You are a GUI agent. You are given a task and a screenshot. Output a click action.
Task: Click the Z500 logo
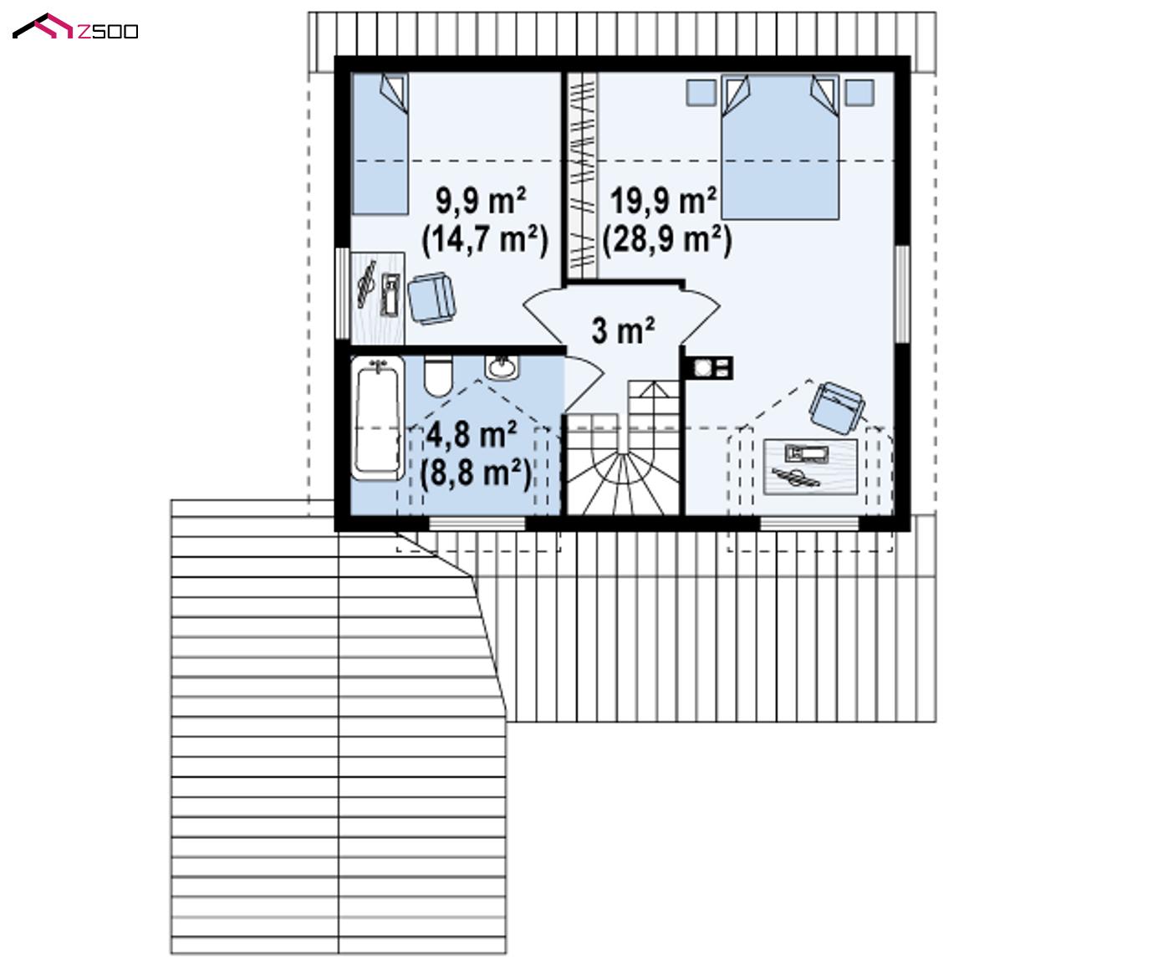point(75,27)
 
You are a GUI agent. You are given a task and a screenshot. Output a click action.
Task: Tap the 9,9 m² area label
point(481,201)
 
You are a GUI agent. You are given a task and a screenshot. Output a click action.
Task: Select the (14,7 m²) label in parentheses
point(485,240)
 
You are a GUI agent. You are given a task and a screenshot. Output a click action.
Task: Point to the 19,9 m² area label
point(663,201)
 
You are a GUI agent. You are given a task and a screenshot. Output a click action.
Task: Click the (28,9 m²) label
point(667,240)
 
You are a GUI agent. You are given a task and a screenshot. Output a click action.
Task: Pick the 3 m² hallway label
point(623,330)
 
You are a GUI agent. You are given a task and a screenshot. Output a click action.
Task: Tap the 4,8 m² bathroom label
point(472,435)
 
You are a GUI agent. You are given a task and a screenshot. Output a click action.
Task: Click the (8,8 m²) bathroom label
point(475,474)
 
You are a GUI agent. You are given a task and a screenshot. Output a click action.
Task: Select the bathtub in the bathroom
point(378,418)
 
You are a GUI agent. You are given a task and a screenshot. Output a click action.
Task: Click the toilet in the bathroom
point(437,376)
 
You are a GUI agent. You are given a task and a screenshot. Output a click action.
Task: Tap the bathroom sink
point(502,368)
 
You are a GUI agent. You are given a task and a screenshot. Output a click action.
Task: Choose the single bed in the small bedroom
point(380,145)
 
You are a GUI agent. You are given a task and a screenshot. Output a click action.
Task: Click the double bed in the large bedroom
point(780,147)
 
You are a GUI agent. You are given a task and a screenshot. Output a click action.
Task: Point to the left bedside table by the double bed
point(701,93)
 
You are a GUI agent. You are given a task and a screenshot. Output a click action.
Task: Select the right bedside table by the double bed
point(859,93)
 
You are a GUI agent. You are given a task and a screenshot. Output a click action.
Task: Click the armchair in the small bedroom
point(431,298)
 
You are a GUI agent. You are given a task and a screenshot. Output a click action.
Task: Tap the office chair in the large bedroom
point(837,407)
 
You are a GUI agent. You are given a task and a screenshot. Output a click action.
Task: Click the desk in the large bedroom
point(810,467)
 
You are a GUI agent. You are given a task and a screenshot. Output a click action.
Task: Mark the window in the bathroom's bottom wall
point(477,524)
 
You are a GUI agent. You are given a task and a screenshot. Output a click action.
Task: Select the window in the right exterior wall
point(902,294)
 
